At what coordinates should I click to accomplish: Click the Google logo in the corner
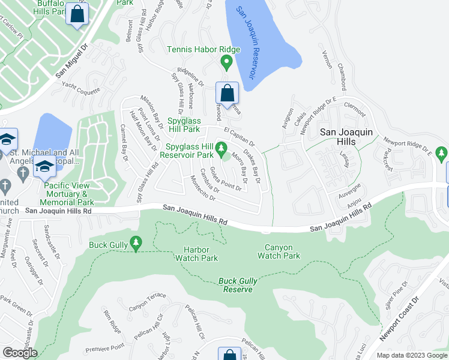coord(20,353)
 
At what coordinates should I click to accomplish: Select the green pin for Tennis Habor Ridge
coord(226,61)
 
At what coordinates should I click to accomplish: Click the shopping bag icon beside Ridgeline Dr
coord(227,94)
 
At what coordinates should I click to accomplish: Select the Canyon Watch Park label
coord(279,251)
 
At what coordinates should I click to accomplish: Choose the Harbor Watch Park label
coord(196,254)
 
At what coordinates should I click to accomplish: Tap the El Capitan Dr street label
coord(240,136)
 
